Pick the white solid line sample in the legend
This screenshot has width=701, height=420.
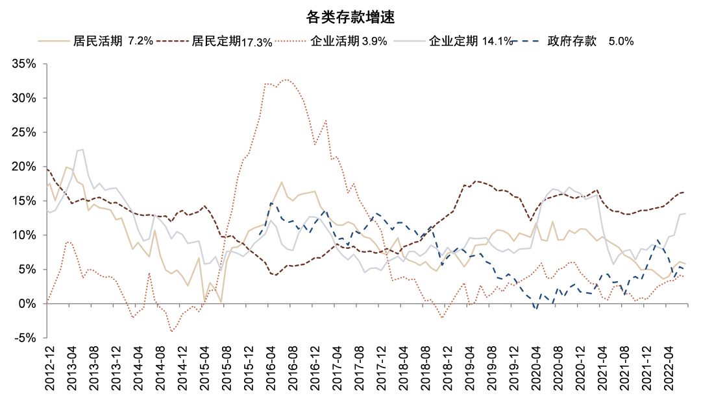point(410,41)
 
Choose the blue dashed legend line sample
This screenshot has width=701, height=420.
point(527,41)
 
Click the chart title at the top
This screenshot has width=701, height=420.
point(350,17)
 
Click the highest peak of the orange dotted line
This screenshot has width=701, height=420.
point(288,80)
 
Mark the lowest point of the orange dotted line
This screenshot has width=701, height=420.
point(172,332)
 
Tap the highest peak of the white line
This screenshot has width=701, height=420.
point(82,149)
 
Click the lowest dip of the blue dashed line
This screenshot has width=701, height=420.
point(536,309)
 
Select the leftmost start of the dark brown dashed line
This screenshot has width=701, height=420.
point(47,168)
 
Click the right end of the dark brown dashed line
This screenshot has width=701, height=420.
point(684,192)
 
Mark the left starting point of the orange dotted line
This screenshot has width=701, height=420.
point(47,301)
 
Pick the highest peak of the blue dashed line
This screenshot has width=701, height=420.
point(273,205)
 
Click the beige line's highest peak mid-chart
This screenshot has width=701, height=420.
point(281,182)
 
